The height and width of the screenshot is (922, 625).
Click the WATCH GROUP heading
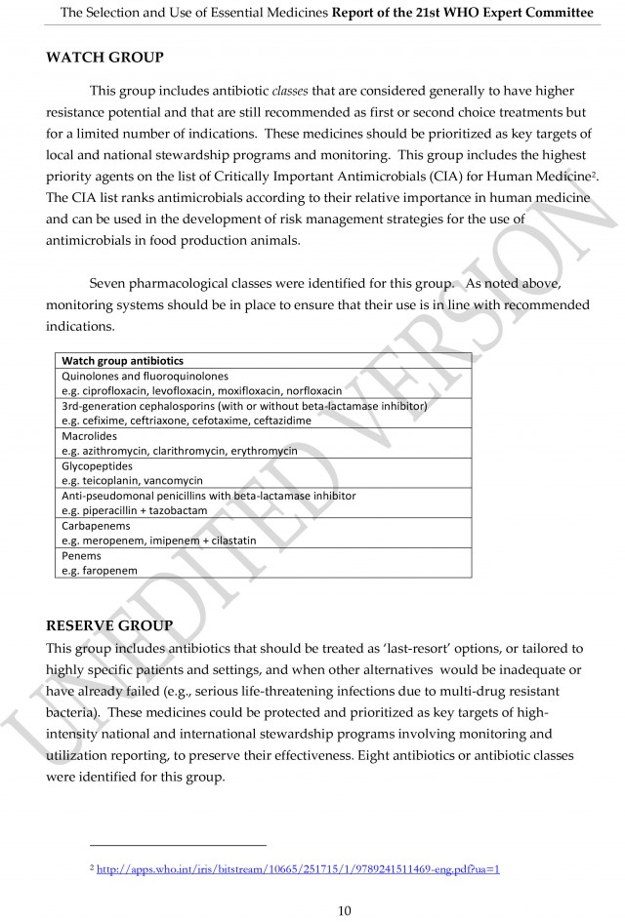point(104,58)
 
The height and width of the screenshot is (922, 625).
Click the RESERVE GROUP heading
point(109,624)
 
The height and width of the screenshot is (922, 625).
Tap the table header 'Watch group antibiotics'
point(122,360)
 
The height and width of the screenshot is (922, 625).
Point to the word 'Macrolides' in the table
point(89,436)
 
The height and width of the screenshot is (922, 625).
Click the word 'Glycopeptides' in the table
point(98,466)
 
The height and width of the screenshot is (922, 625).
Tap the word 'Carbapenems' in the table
point(95,526)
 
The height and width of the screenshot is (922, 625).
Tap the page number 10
point(344,910)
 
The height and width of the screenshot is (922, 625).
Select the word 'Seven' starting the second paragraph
point(107,284)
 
